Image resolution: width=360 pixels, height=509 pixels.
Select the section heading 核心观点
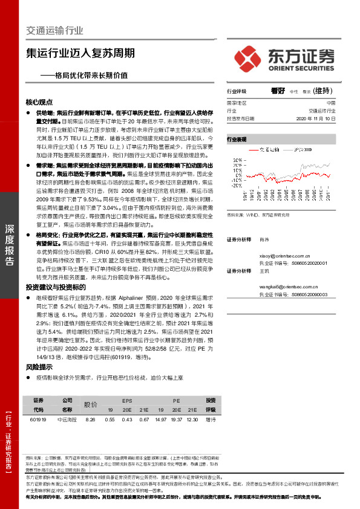39,102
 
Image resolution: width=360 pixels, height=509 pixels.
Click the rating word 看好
278,91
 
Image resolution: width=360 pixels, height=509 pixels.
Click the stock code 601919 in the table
38,419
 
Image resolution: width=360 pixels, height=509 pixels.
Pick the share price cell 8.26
91,419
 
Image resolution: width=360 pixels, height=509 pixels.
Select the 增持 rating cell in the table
211,419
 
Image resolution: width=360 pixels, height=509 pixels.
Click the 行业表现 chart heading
237,139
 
